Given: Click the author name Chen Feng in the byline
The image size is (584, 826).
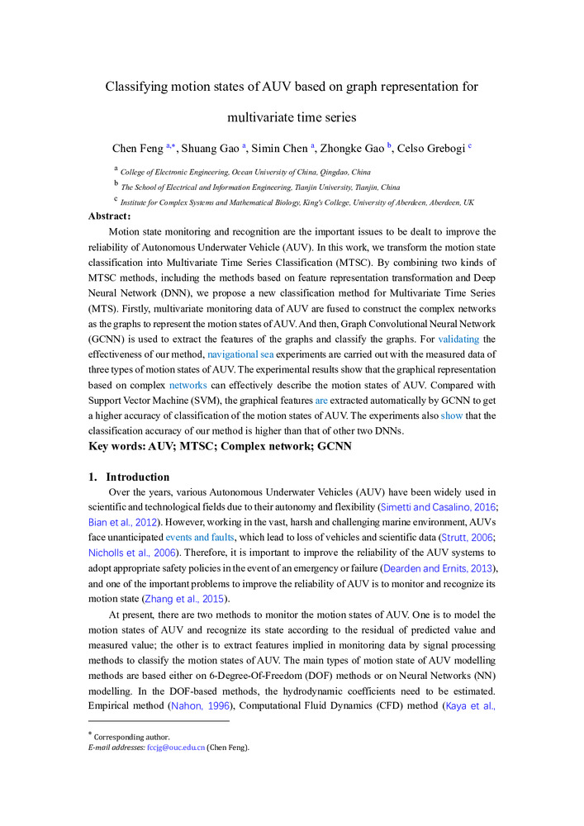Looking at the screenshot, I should click(138, 149).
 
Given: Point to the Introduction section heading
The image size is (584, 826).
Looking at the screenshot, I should click(137, 477).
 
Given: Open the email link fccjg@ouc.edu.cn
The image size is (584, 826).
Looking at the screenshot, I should click(175, 748).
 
